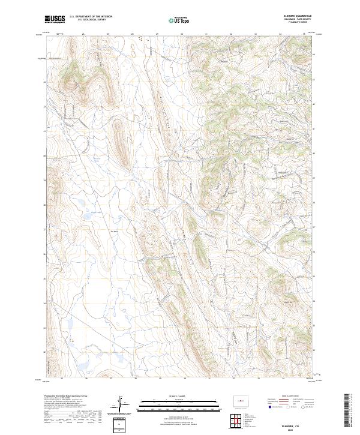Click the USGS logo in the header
pos(55,19)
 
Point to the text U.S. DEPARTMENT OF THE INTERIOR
pos(90,16)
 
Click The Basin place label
pos(116,228)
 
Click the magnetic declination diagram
pos(123,406)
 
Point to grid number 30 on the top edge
pos(181,35)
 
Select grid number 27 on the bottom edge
pos(112,379)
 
